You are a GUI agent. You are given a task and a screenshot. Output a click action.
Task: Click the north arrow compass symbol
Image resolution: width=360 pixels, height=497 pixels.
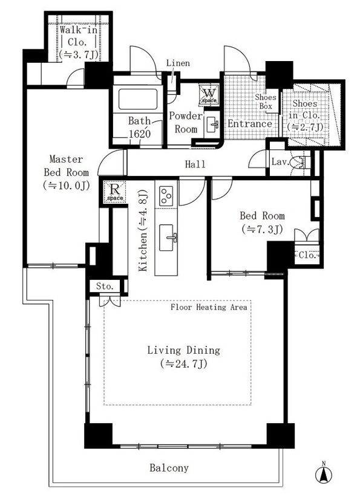coord(324,473)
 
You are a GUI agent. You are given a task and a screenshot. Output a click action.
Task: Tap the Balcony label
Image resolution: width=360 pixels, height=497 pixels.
coord(169,468)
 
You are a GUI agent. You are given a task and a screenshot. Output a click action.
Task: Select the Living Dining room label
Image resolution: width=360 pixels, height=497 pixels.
coord(184,357)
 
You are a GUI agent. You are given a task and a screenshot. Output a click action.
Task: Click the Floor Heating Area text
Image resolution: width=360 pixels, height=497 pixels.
coord(209,307)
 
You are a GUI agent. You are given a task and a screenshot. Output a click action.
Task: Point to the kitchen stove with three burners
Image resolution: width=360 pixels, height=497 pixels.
coord(166,197)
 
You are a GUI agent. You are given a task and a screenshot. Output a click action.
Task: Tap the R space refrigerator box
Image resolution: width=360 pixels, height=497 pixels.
coord(115,191)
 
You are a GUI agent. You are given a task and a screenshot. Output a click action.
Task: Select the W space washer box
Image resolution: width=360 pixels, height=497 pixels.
coord(209,94)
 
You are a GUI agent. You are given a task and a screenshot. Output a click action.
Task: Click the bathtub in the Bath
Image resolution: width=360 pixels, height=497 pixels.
coord(138,99)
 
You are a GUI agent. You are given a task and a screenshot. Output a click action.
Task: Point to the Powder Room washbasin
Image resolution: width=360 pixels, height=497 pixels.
coord(212,125)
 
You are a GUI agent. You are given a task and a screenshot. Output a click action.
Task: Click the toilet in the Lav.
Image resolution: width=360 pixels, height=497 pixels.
coord(299,162)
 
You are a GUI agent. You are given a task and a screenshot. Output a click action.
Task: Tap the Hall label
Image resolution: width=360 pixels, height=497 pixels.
coord(195,164)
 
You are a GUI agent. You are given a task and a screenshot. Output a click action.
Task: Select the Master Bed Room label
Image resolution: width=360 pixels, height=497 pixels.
coord(67,172)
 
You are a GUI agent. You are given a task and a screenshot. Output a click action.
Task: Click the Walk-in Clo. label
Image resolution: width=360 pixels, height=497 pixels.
coord(78,42)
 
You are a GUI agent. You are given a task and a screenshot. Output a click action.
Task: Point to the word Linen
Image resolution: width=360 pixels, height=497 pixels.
coord(178,63)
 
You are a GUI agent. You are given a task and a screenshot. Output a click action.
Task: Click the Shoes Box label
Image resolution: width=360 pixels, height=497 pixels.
coord(266,102)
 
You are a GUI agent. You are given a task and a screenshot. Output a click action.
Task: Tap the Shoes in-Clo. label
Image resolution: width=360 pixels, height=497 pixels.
coord(305,115)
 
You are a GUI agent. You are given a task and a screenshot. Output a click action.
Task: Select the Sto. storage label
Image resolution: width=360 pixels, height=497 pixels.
coord(105,286)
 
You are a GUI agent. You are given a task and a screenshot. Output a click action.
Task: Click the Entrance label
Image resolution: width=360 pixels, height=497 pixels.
coord(250,123)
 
